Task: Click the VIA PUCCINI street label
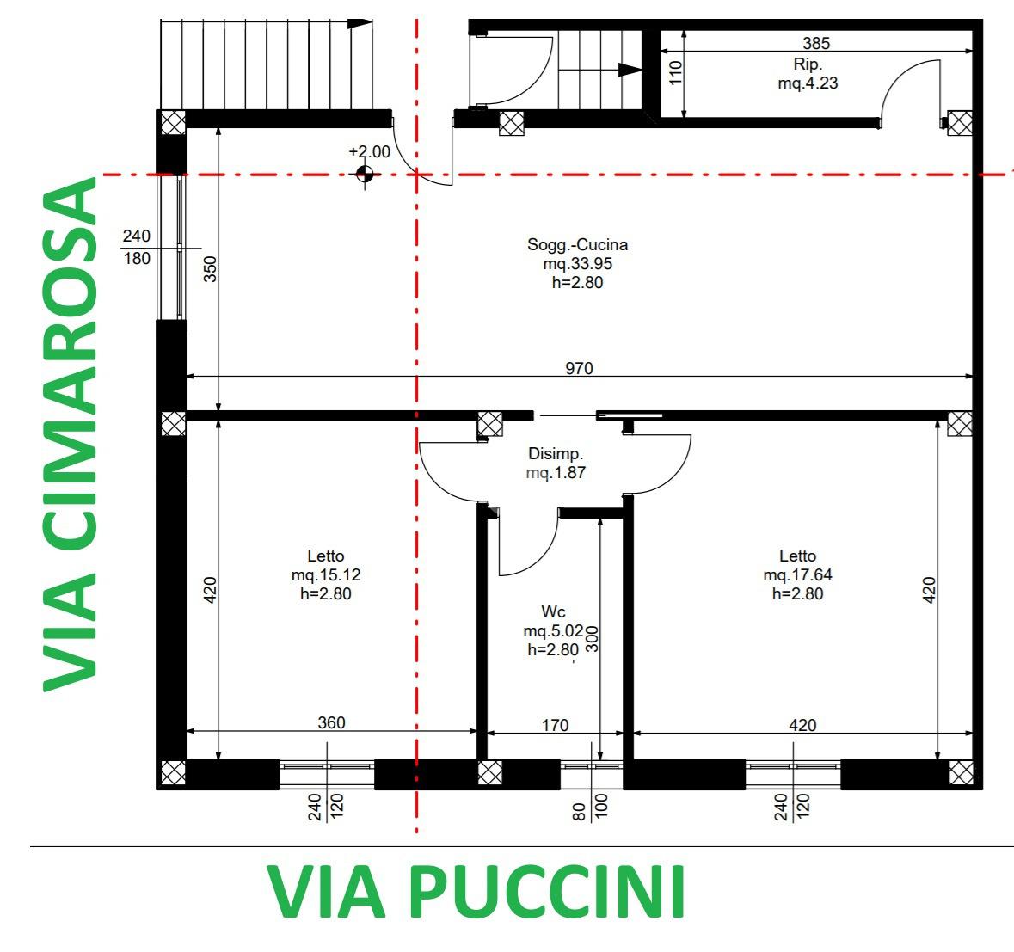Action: (x=476, y=892)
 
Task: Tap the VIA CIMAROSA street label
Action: (x=70, y=434)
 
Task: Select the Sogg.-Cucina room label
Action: (x=577, y=244)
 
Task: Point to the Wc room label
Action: (x=553, y=611)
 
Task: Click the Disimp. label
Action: (x=556, y=454)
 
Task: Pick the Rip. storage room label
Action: (x=808, y=64)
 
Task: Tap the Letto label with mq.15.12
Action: (x=326, y=556)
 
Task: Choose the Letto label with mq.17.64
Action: (x=797, y=556)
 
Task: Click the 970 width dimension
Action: (x=579, y=368)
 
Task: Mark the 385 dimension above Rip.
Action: (x=816, y=43)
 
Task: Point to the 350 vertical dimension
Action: (x=210, y=269)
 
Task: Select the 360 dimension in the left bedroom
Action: (x=331, y=722)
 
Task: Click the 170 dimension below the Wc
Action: (x=555, y=725)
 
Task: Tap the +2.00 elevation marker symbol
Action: (x=365, y=174)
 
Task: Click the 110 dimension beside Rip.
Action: (x=675, y=72)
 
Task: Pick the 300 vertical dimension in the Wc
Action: (x=592, y=639)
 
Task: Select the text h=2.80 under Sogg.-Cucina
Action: (x=577, y=283)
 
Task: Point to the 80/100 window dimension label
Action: (x=590, y=808)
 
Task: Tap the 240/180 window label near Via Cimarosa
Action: (x=137, y=247)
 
